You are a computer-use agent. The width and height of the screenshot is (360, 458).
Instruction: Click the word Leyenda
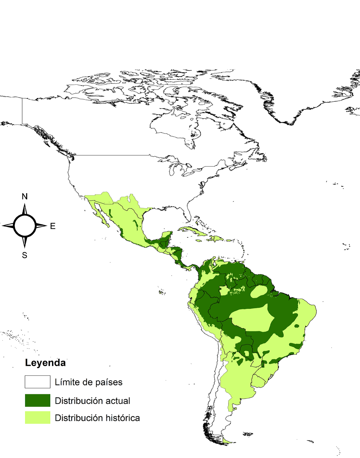pos(45,363)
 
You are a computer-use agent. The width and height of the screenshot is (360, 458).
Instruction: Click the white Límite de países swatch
pos(37,382)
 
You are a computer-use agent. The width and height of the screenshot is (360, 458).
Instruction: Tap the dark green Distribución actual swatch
pos(37,400)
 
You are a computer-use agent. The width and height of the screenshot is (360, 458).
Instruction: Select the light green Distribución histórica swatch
pos(37,418)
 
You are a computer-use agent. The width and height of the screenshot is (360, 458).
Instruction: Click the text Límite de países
pos(89,382)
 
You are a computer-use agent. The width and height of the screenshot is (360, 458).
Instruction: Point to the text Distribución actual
pos(92,401)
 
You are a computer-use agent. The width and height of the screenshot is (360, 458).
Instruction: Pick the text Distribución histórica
pos(97,418)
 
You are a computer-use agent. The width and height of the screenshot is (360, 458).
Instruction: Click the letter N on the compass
pos(24,197)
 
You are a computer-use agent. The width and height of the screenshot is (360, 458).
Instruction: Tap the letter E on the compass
pos(53,226)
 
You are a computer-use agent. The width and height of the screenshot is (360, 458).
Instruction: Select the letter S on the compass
pos(24,256)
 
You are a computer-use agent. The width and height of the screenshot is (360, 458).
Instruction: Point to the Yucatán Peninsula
pos(166,237)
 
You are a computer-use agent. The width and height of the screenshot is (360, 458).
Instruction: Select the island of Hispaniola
pos(217,239)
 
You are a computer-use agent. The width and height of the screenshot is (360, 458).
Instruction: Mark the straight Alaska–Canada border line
pos(22,111)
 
